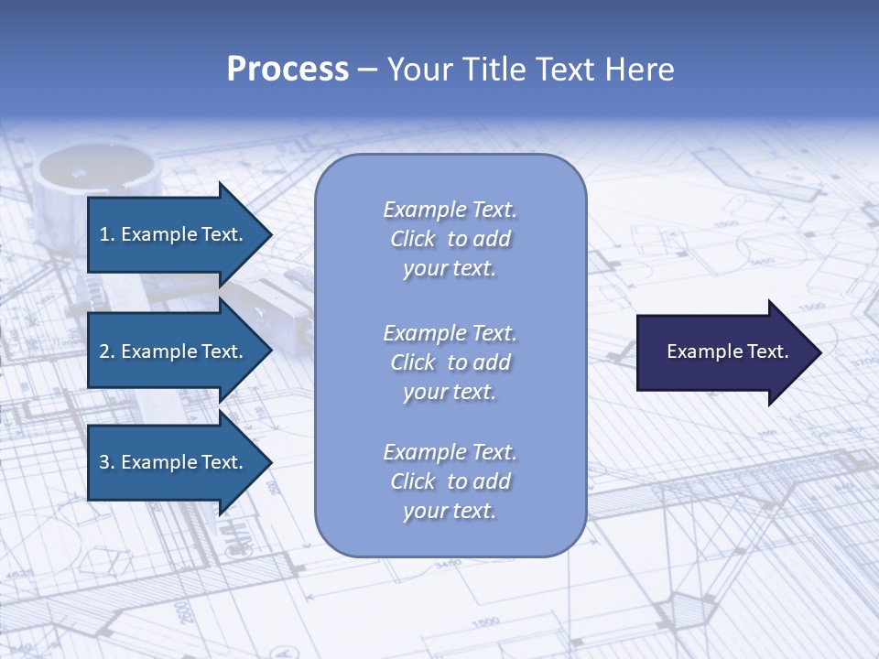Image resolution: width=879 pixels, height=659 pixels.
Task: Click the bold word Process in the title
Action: coord(288,70)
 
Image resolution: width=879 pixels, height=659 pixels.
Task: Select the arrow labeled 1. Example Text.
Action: coord(174,234)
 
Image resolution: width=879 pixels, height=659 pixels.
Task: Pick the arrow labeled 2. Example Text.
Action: coord(174,351)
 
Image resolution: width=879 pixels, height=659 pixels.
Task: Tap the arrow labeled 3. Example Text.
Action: coord(174,462)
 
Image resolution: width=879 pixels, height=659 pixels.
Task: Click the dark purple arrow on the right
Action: coord(723,351)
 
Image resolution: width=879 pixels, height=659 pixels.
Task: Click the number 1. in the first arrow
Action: coord(106,234)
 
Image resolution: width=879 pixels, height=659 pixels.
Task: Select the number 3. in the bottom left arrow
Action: coord(106,462)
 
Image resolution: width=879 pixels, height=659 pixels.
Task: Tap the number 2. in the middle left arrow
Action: coord(106,351)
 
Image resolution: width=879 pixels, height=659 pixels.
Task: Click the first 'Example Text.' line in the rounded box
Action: coord(450,210)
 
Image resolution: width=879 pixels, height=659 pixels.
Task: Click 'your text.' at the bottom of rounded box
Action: coord(450,511)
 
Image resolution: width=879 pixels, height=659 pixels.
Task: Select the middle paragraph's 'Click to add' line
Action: coord(450,362)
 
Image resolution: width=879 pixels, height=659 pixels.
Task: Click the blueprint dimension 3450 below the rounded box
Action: coord(448,565)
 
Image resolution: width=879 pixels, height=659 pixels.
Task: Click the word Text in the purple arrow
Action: coord(767,351)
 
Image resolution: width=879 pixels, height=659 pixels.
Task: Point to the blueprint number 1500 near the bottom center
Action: coord(486,623)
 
